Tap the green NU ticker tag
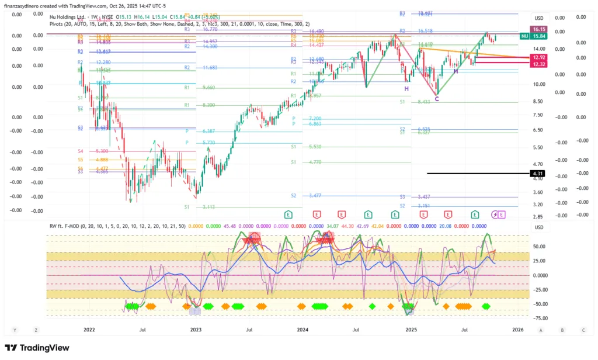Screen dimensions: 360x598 tap(524, 36)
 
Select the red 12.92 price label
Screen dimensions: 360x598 tap(538, 57)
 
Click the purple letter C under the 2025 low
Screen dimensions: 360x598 tap(436, 99)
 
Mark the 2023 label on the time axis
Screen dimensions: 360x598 tap(196, 330)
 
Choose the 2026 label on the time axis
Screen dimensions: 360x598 tap(517, 330)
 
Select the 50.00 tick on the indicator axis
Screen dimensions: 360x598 tap(539, 247)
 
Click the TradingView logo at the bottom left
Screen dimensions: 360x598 tap(37, 348)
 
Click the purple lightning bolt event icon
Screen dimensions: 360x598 tap(495, 214)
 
